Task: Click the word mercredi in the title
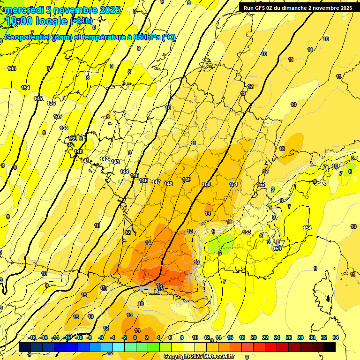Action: pyautogui.click(x=25, y=10)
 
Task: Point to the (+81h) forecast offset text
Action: pyautogui.click(x=81, y=21)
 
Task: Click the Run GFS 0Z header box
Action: pyautogui.click(x=296, y=8)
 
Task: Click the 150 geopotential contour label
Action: pyautogui.click(x=206, y=184)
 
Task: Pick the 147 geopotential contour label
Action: pyautogui.click(x=156, y=182)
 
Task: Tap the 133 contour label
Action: pyautogui.click(x=12, y=68)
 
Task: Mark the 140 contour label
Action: pyautogui.click(x=78, y=151)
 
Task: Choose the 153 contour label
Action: pyautogui.click(x=247, y=232)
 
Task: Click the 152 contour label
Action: pyautogui.click(x=262, y=184)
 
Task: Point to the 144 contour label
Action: pyautogui.click(x=124, y=172)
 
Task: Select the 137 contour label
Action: pyautogui.click(x=58, y=116)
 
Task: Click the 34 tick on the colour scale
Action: pyautogui.click(x=336, y=337)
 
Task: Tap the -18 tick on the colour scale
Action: pyautogui.click(x=32, y=337)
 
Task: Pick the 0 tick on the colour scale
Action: pyautogui.click(x=135, y=337)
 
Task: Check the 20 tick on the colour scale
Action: pyautogui.click(x=254, y=337)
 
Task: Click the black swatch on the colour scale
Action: pyautogui.click(x=330, y=347)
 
